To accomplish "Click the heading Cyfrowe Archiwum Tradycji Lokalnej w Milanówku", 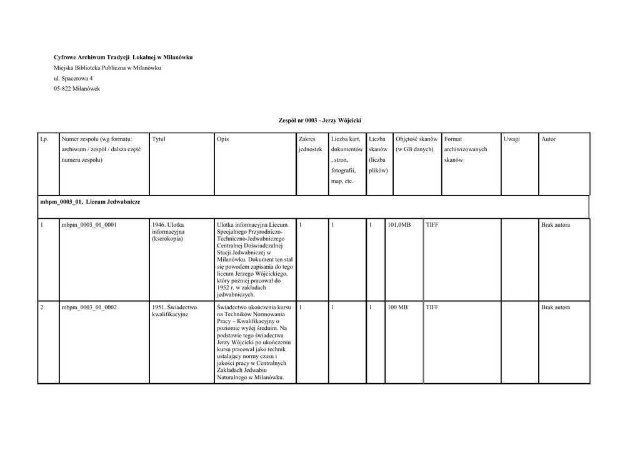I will point(122,57).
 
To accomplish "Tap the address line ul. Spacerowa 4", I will point(73,78).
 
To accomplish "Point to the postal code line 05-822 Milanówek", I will point(76,89).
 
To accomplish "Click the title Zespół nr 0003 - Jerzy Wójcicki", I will point(320,119).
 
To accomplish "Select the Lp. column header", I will point(44,139).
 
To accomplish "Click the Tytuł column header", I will point(159,139).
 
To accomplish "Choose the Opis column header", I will point(222,139).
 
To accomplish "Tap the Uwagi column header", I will point(512,139).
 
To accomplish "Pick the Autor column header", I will point(549,139).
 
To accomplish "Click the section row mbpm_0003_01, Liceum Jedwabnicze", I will point(89,203).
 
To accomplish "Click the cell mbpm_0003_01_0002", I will point(89,307).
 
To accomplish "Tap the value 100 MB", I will point(397,307).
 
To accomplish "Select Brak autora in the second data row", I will point(556,307).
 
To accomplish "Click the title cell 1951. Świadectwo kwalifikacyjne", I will point(174,311).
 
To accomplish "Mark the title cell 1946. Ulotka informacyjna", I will point(172,231).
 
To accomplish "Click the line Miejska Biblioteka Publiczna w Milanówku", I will point(107,67).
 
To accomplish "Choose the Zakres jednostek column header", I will point(310,144).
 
